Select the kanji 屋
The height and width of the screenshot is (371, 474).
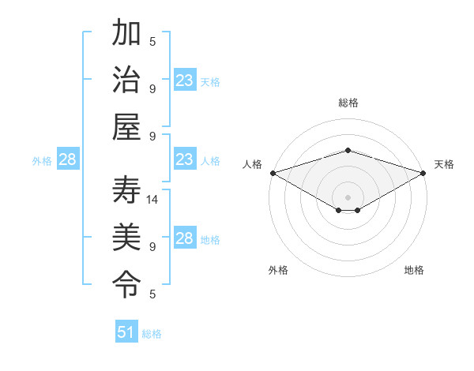click(x=126, y=126)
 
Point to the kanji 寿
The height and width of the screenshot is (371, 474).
click(x=126, y=190)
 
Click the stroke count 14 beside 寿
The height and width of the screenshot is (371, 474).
click(x=153, y=200)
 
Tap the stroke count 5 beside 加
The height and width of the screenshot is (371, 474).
click(x=152, y=42)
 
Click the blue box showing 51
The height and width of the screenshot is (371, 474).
click(x=126, y=332)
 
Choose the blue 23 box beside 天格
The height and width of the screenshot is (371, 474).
click(x=185, y=81)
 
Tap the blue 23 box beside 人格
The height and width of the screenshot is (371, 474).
click(x=185, y=159)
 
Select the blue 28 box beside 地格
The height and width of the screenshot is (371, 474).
click(x=185, y=238)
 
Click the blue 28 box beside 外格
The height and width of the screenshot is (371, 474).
click(x=68, y=159)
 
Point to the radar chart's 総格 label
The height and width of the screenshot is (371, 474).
click(x=348, y=103)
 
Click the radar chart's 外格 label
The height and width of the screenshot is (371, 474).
click(x=278, y=270)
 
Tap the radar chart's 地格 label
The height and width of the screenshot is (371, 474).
click(x=414, y=270)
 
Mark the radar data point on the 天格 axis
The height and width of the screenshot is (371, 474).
click(x=423, y=173)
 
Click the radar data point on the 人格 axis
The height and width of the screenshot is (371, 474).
click(x=273, y=173)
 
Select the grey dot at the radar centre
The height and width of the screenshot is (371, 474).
click(x=348, y=197)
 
